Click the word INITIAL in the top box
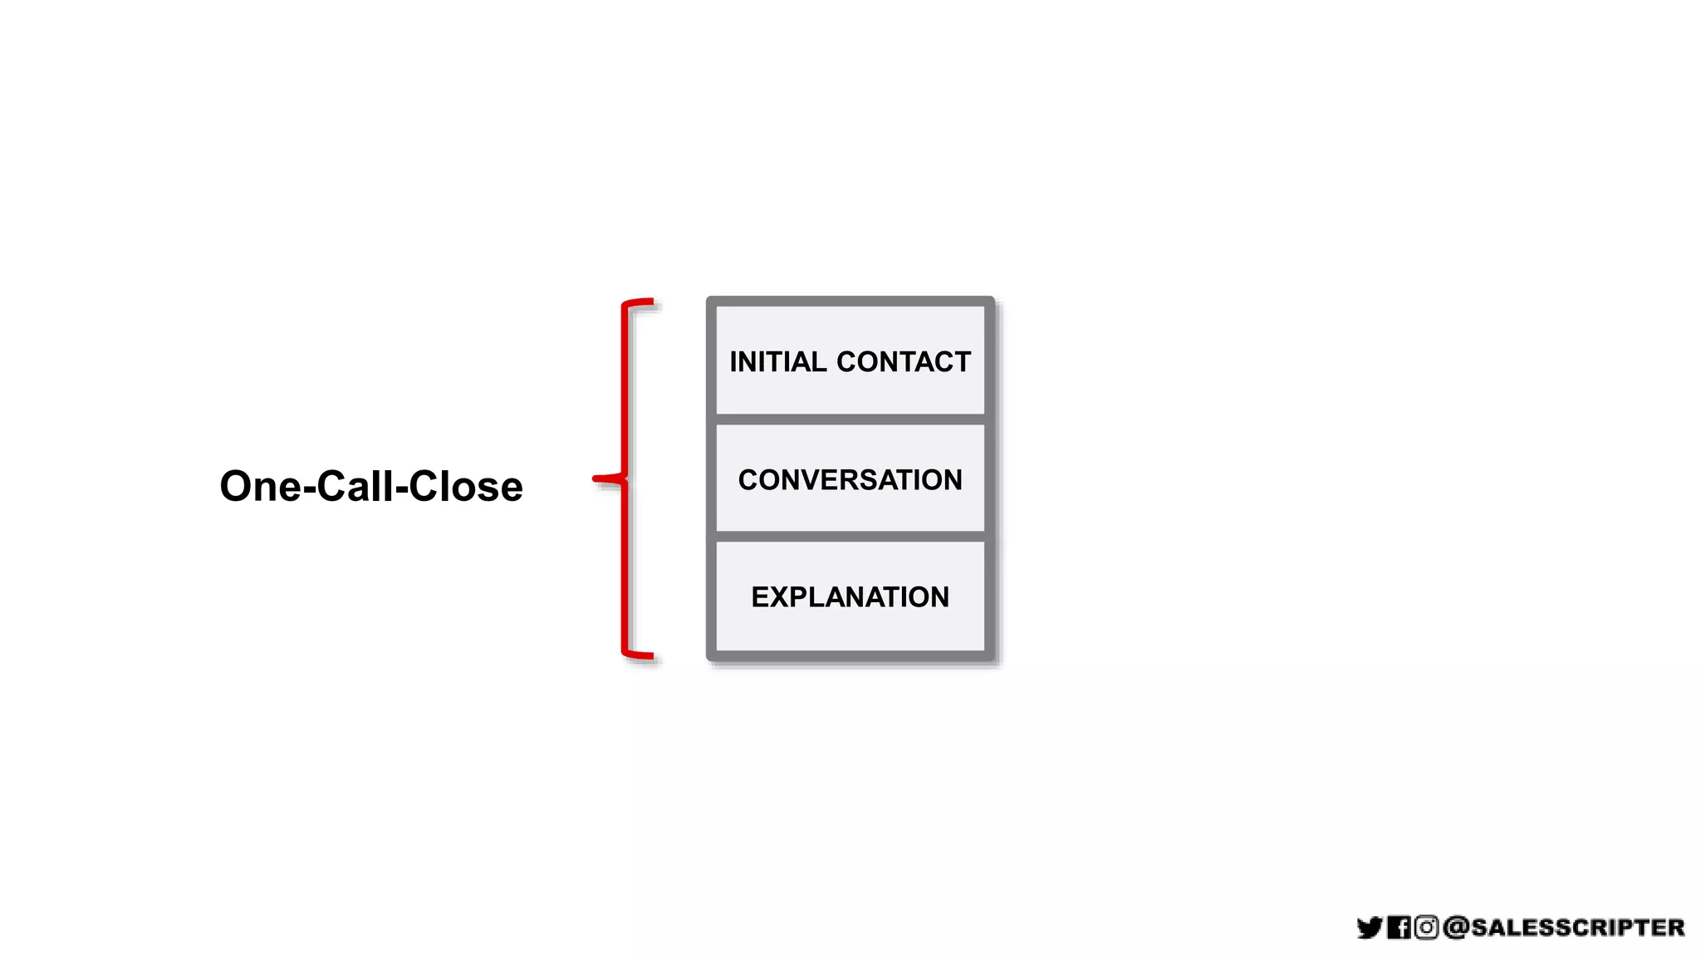[777, 362]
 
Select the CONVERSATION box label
[850, 480]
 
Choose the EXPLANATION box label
[850, 597]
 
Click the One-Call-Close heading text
[371, 487]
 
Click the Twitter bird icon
[1370, 927]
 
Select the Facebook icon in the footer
[1399, 927]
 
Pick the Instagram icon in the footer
[1426, 927]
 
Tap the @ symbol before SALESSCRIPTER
[1456, 927]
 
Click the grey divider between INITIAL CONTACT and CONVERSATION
[850, 420]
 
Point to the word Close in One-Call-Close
[466, 487]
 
